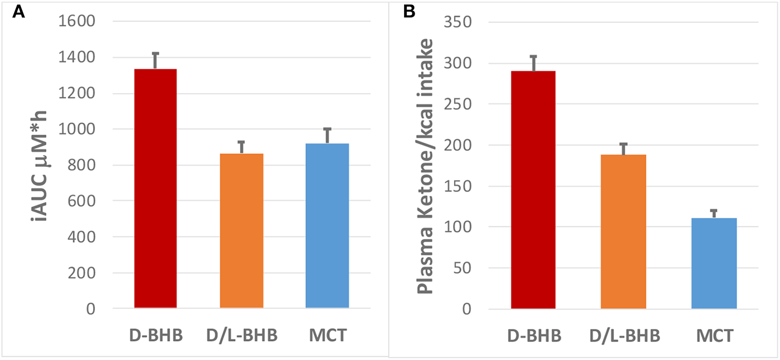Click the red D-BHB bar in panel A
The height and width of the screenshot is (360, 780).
pos(155,188)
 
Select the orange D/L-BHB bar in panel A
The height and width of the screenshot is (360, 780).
pos(241,231)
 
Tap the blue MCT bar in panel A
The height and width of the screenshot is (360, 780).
pos(327,226)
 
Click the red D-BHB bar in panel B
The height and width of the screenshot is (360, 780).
pos(533,190)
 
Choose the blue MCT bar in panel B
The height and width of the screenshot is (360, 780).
pos(713,264)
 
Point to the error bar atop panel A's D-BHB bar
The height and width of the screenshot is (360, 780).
pos(155,60)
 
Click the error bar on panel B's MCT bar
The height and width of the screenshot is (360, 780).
pos(713,214)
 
